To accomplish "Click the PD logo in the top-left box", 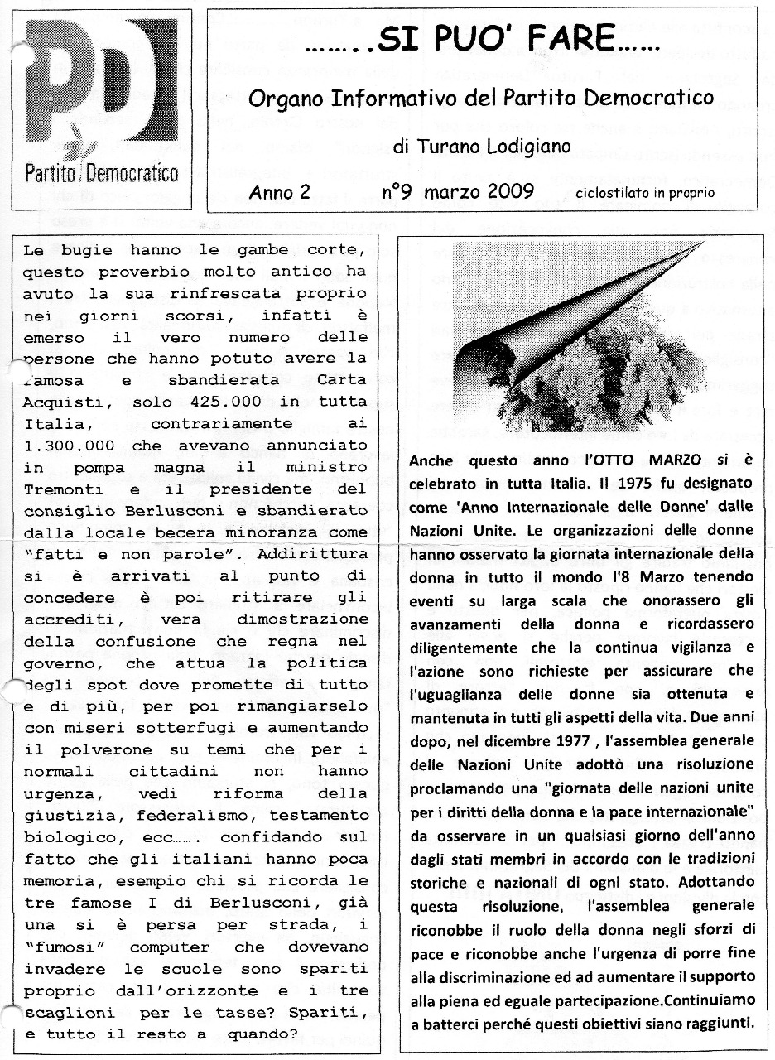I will (x=99, y=83).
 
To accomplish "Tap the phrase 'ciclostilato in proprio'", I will (x=645, y=194).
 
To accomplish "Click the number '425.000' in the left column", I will (x=229, y=401).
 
